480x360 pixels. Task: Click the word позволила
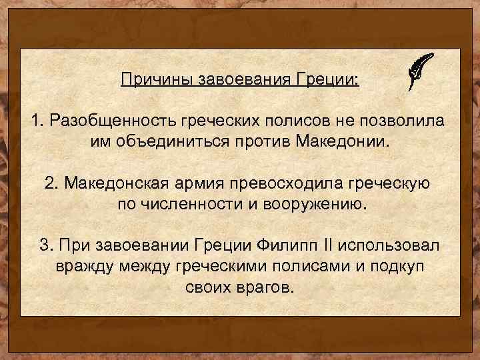pos(406,121)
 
